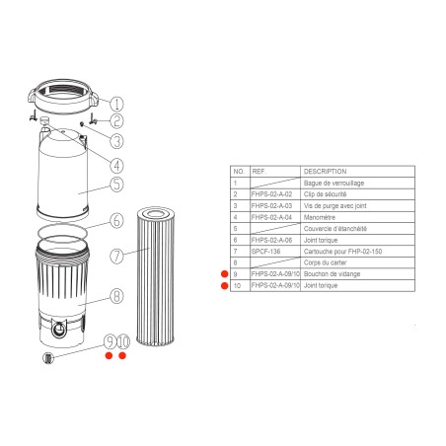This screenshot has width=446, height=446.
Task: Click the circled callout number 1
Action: click(x=116, y=103)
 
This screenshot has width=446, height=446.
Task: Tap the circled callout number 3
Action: click(x=116, y=142)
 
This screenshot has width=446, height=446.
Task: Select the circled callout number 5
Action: click(x=116, y=184)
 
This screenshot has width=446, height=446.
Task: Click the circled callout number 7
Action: click(x=116, y=257)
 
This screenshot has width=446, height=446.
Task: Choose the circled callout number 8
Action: click(x=116, y=294)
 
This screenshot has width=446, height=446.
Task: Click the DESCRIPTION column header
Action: click(x=326, y=171)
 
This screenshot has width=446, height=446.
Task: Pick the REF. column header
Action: click(x=260, y=171)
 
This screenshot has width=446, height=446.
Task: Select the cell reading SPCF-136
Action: click(x=266, y=251)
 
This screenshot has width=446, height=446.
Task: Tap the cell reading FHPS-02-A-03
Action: click(x=273, y=205)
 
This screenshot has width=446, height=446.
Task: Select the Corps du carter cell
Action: click(x=327, y=262)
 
